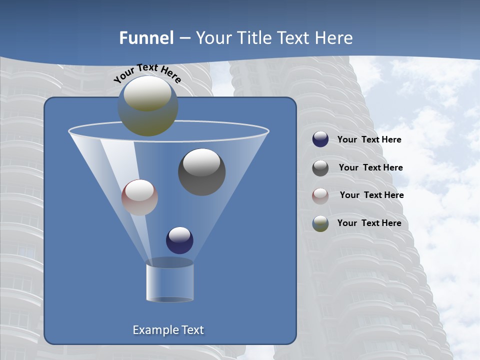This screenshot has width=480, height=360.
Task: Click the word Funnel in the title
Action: (x=146, y=38)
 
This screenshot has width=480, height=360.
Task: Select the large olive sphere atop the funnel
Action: (x=148, y=106)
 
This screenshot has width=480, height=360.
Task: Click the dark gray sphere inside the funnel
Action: (x=202, y=172)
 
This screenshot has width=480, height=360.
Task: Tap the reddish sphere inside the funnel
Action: (x=139, y=197)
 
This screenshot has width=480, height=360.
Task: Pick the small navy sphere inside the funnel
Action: (x=179, y=240)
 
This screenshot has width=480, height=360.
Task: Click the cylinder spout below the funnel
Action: (x=170, y=282)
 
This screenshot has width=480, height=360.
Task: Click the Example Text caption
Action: (x=168, y=330)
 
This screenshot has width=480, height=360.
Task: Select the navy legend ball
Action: (x=320, y=139)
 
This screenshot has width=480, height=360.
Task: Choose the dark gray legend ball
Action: (x=320, y=168)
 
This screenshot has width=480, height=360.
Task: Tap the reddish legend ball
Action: (x=320, y=196)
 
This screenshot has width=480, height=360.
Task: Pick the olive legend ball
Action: (x=320, y=223)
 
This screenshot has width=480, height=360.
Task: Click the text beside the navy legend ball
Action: (x=369, y=140)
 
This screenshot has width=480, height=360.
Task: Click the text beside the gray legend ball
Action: (x=370, y=168)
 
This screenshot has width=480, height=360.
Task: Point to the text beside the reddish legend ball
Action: (x=371, y=195)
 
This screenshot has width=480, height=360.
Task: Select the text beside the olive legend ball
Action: (x=369, y=223)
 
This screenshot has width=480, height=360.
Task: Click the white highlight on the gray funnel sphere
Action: (x=202, y=162)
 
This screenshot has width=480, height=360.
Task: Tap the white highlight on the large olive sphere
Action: (x=147, y=93)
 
